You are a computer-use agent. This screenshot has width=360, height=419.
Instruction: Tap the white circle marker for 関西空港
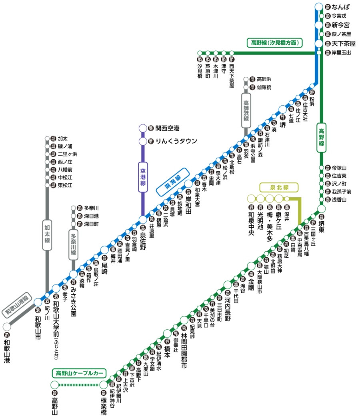point(143,128)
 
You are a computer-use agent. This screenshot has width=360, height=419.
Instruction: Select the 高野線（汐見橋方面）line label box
point(275,42)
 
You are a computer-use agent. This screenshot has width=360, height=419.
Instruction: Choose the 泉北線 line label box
point(279,187)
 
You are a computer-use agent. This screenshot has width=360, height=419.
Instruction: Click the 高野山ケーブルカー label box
point(79,373)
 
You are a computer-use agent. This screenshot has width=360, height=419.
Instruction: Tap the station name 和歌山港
point(7,351)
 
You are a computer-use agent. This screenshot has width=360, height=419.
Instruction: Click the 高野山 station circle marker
point(55,385)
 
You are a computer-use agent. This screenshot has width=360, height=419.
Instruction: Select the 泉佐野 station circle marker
point(143,220)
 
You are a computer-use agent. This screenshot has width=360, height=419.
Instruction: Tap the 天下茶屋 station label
point(341,43)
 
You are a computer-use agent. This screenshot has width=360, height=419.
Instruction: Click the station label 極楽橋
point(104,404)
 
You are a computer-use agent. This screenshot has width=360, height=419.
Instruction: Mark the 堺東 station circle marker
point(321,208)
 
